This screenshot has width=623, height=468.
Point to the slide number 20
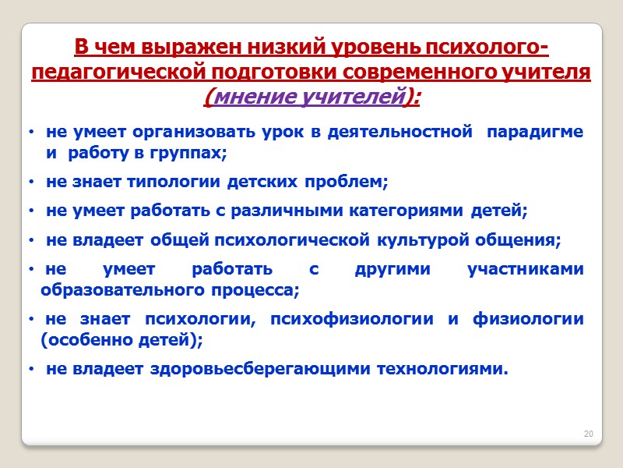click(x=589, y=434)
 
